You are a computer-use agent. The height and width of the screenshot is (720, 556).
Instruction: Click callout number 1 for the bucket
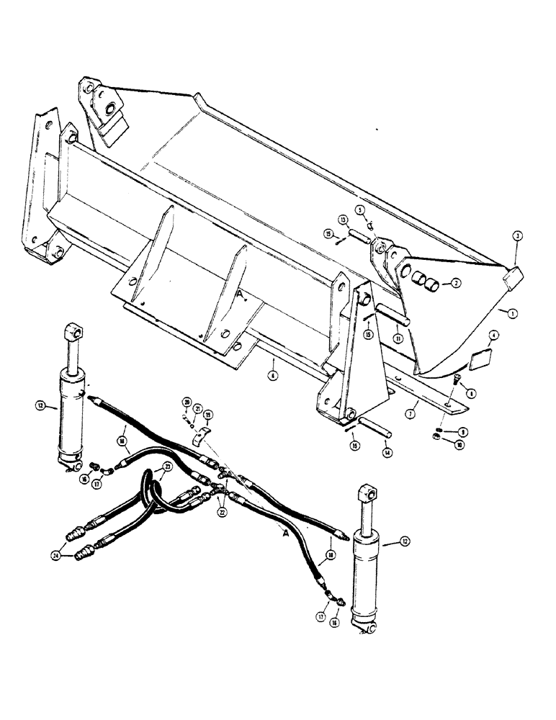coord(512,313)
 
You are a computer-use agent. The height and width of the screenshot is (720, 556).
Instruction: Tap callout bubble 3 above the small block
coord(517,235)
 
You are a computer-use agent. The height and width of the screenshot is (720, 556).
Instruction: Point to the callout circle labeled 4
coord(493,335)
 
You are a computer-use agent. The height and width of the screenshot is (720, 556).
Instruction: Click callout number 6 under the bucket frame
coord(272,374)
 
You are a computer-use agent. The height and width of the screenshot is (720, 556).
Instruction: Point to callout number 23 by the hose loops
coord(166,467)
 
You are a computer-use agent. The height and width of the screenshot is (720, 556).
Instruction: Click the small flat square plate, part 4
coord(480,356)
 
